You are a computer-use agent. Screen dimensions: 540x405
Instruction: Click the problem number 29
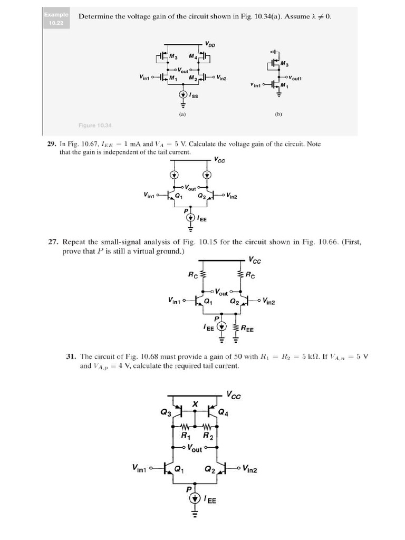pos(52,144)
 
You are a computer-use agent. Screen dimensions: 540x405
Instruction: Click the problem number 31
pos(71,356)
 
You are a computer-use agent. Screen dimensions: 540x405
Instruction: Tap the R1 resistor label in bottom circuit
pos(185,436)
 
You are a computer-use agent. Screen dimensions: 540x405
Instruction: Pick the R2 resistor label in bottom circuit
pos(208,436)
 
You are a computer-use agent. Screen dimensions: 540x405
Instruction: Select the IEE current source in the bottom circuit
pos(195,499)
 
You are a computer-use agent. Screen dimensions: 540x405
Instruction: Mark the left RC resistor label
pos(193,274)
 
